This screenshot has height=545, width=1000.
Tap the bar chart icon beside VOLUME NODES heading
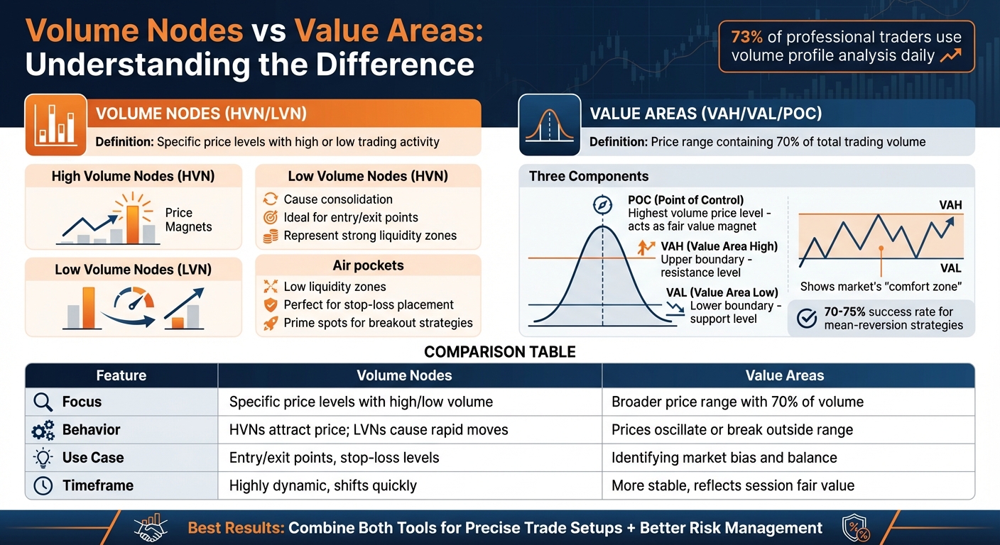[55, 125]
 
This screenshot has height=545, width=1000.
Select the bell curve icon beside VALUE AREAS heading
[549, 125]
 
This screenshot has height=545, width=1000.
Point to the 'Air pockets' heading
[368, 265]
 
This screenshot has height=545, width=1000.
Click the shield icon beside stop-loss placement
[270, 305]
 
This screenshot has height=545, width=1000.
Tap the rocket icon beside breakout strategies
[270, 324]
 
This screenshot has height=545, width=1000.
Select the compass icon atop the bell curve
[602, 204]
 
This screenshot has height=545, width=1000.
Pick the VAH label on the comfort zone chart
[950, 205]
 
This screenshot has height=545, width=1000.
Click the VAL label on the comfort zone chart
[950, 268]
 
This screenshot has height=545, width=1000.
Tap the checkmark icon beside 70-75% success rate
[807, 319]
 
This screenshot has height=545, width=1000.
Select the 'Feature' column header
[121, 375]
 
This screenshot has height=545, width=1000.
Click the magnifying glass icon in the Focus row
[43, 402]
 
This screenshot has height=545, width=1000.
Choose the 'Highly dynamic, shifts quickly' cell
[322, 486]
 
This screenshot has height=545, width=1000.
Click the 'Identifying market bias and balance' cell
[724, 458]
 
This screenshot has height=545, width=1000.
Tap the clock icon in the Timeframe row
[43, 486]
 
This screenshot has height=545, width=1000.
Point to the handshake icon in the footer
[150, 527]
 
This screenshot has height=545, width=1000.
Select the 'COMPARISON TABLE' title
[499, 352]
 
